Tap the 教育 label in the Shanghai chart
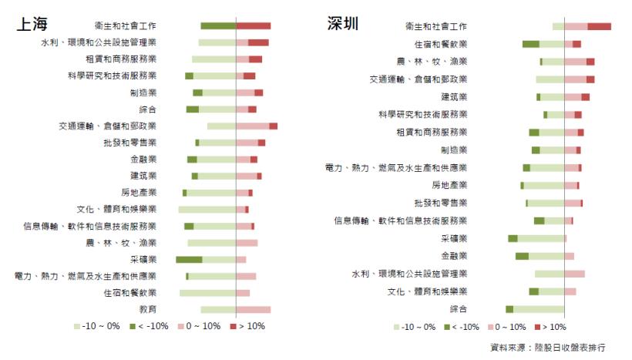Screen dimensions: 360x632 pyautogui.click(x=148, y=309)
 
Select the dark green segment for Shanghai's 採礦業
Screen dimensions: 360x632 pyautogui.click(x=189, y=260)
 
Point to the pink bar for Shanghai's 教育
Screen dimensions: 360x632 pyautogui.click(x=254, y=309)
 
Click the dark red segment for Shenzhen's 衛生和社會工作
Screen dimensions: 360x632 pyautogui.click(x=599, y=27)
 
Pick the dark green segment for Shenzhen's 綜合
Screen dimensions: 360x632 pyautogui.click(x=509, y=309)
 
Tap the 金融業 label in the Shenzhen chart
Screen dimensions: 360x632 pyautogui.click(x=454, y=256)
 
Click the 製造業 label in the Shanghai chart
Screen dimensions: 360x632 pyautogui.click(x=143, y=93)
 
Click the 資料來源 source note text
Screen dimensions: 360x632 pyautogui.click(x=548, y=348)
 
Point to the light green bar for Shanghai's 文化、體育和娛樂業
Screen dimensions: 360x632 pyautogui.click(x=207, y=210)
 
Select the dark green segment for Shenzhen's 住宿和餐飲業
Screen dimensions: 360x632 pyautogui.click(x=530, y=44)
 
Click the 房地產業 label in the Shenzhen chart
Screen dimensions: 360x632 pyautogui.click(x=449, y=186)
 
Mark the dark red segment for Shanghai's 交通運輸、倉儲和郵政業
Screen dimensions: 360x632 pyautogui.click(x=274, y=126)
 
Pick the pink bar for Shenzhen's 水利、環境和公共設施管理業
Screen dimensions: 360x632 pyautogui.click(x=574, y=274)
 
